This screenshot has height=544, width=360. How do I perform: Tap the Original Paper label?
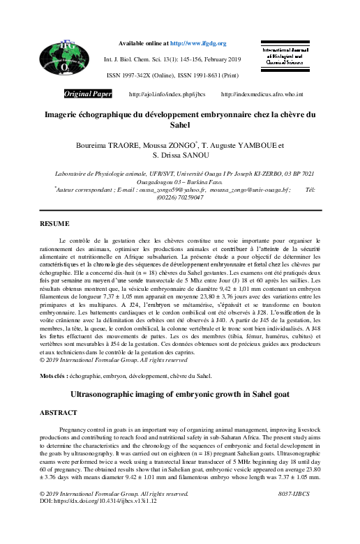tap(89, 93)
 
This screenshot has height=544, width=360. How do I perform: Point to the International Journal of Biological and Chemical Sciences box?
tap(287, 57)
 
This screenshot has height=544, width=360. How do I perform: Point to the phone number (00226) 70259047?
tap(180, 197)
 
